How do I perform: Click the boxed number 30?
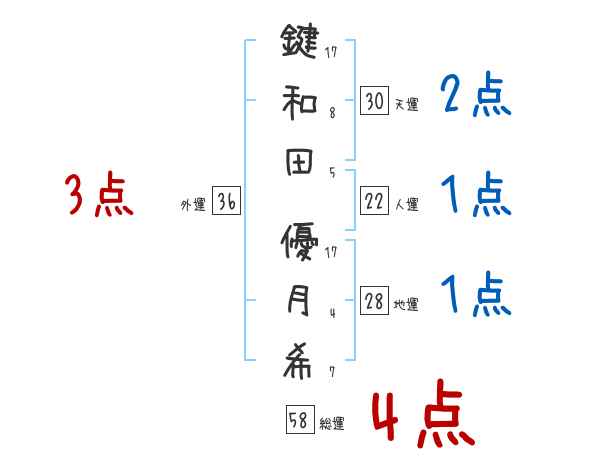coord(374,100)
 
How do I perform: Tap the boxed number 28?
coord(374,302)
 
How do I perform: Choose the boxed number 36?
coord(226,202)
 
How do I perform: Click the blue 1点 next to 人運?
coord(477,195)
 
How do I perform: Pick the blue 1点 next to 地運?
coord(477,293)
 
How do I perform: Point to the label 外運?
coord(193,205)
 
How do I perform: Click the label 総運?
coord(332,424)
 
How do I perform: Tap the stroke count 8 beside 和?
coord(331,114)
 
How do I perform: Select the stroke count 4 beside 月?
coord(331,313)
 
